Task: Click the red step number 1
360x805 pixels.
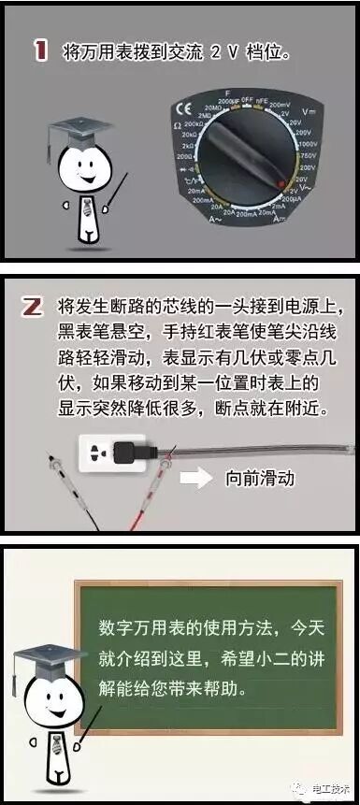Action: click(x=40, y=51)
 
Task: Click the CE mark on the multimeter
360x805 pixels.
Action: click(x=180, y=113)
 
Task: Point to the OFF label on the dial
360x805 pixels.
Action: click(x=244, y=98)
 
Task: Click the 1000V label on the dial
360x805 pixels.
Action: click(x=308, y=145)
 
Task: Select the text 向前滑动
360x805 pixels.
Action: click(x=260, y=479)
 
